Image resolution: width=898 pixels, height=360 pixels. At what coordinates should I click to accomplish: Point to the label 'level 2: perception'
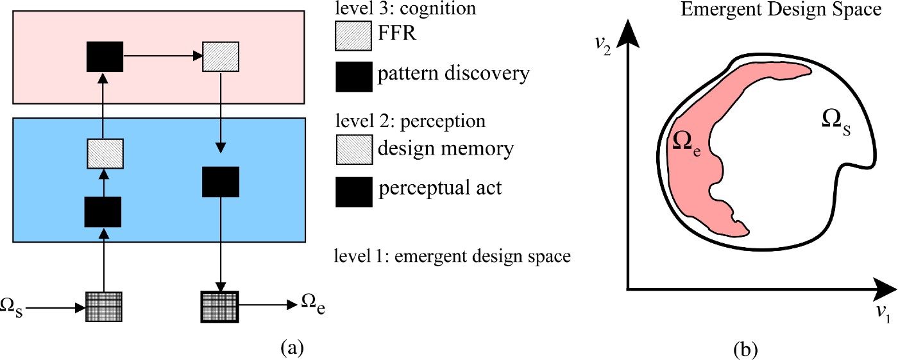pyautogui.click(x=410, y=121)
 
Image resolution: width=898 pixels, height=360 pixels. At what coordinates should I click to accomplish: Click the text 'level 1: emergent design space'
pyautogui.click(x=452, y=257)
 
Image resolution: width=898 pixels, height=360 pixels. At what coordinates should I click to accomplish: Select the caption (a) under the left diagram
pyautogui.click(x=293, y=348)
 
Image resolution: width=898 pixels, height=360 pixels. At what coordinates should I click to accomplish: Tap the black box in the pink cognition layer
pyautogui.click(x=105, y=57)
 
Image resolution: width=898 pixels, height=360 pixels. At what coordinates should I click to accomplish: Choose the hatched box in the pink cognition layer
pyautogui.click(x=221, y=57)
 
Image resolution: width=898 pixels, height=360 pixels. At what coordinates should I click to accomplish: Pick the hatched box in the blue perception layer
pyautogui.click(x=105, y=153)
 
